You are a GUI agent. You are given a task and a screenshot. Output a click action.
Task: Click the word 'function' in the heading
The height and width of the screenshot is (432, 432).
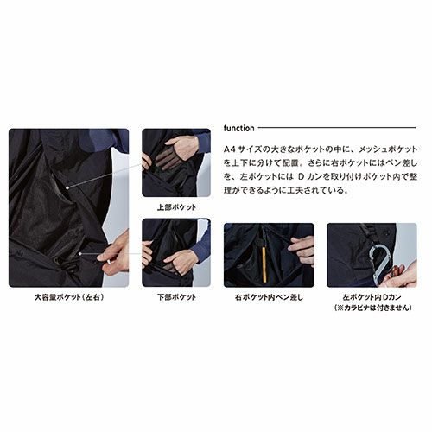click(x=238, y=128)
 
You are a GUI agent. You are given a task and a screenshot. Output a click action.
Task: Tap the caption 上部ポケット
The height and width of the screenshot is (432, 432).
click(x=176, y=207)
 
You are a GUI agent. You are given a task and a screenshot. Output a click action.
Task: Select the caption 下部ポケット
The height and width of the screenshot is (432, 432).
click(x=176, y=297)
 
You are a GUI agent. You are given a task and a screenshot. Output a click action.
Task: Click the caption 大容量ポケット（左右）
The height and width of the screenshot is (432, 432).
click(x=69, y=297)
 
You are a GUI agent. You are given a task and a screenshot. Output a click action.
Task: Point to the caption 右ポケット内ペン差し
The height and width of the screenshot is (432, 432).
click(x=269, y=297)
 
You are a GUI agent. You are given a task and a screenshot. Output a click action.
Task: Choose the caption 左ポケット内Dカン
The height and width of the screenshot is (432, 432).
click(x=372, y=296)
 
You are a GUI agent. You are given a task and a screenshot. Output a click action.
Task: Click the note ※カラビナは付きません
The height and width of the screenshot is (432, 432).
click(x=372, y=308)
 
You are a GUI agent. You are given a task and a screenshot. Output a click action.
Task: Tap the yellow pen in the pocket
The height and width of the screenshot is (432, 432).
click(x=264, y=264)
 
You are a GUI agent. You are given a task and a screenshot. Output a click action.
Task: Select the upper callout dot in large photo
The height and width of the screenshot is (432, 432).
click(x=67, y=187)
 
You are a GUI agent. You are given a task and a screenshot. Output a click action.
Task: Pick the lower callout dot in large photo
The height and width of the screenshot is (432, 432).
click(x=80, y=254)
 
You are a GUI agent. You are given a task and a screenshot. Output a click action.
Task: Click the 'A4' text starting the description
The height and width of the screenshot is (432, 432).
click(x=229, y=149)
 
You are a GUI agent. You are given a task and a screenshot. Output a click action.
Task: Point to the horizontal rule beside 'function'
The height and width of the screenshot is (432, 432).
click(x=337, y=127)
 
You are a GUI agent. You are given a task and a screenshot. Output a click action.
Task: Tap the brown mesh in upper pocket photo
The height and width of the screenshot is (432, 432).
click(x=166, y=158)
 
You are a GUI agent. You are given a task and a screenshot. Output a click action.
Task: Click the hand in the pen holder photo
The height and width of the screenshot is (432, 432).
click(x=301, y=249)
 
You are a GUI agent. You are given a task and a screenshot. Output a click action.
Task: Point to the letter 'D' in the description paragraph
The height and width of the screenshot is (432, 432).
click(x=301, y=176)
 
